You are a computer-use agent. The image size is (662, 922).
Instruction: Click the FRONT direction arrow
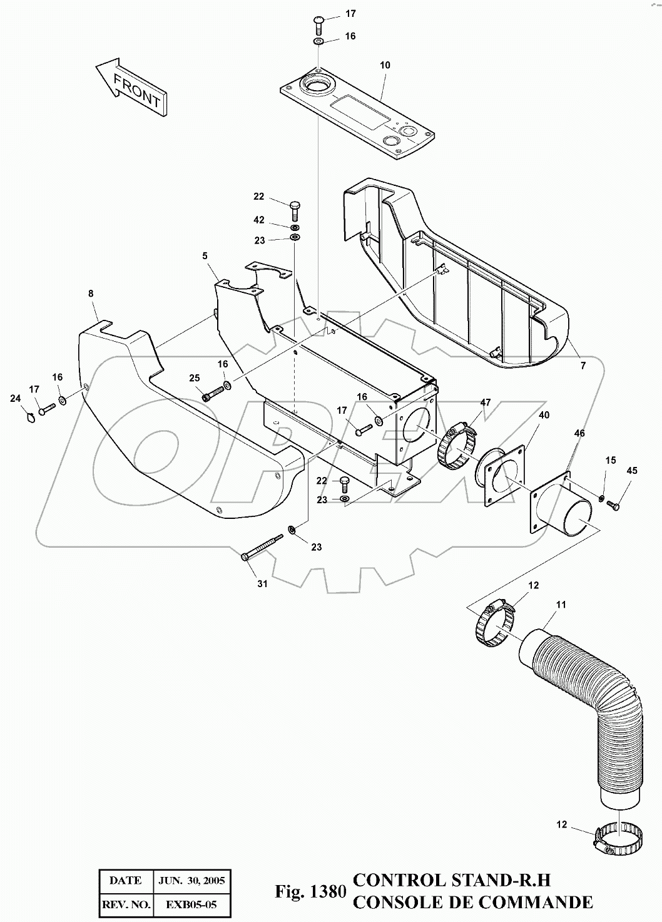click(131, 87)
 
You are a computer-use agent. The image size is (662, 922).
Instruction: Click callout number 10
click(384, 65)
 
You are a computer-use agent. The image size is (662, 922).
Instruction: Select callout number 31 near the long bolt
click(262, 583)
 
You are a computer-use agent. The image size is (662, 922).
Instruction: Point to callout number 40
click(544, 415)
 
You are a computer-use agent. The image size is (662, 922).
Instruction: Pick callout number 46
click(579, 433)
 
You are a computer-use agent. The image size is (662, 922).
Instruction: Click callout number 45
click(632, 470)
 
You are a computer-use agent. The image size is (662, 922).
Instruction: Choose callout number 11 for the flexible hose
click(561, 605)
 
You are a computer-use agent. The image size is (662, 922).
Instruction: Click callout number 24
click(15, 397)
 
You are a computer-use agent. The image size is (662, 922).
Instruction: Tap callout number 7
click(583, 366)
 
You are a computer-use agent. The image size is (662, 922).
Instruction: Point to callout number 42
click(259, 220)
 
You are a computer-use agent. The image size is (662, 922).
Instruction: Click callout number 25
click(195, 377)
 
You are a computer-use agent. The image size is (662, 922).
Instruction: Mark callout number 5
click(205, 255)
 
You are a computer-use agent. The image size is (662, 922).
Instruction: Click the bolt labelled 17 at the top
click(318, 25)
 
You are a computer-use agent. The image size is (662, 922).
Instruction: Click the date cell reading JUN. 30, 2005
click(192, 880)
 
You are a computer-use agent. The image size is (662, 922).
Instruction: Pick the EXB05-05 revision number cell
click(192, 904)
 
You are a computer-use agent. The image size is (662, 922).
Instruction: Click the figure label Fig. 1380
click(310, 891)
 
